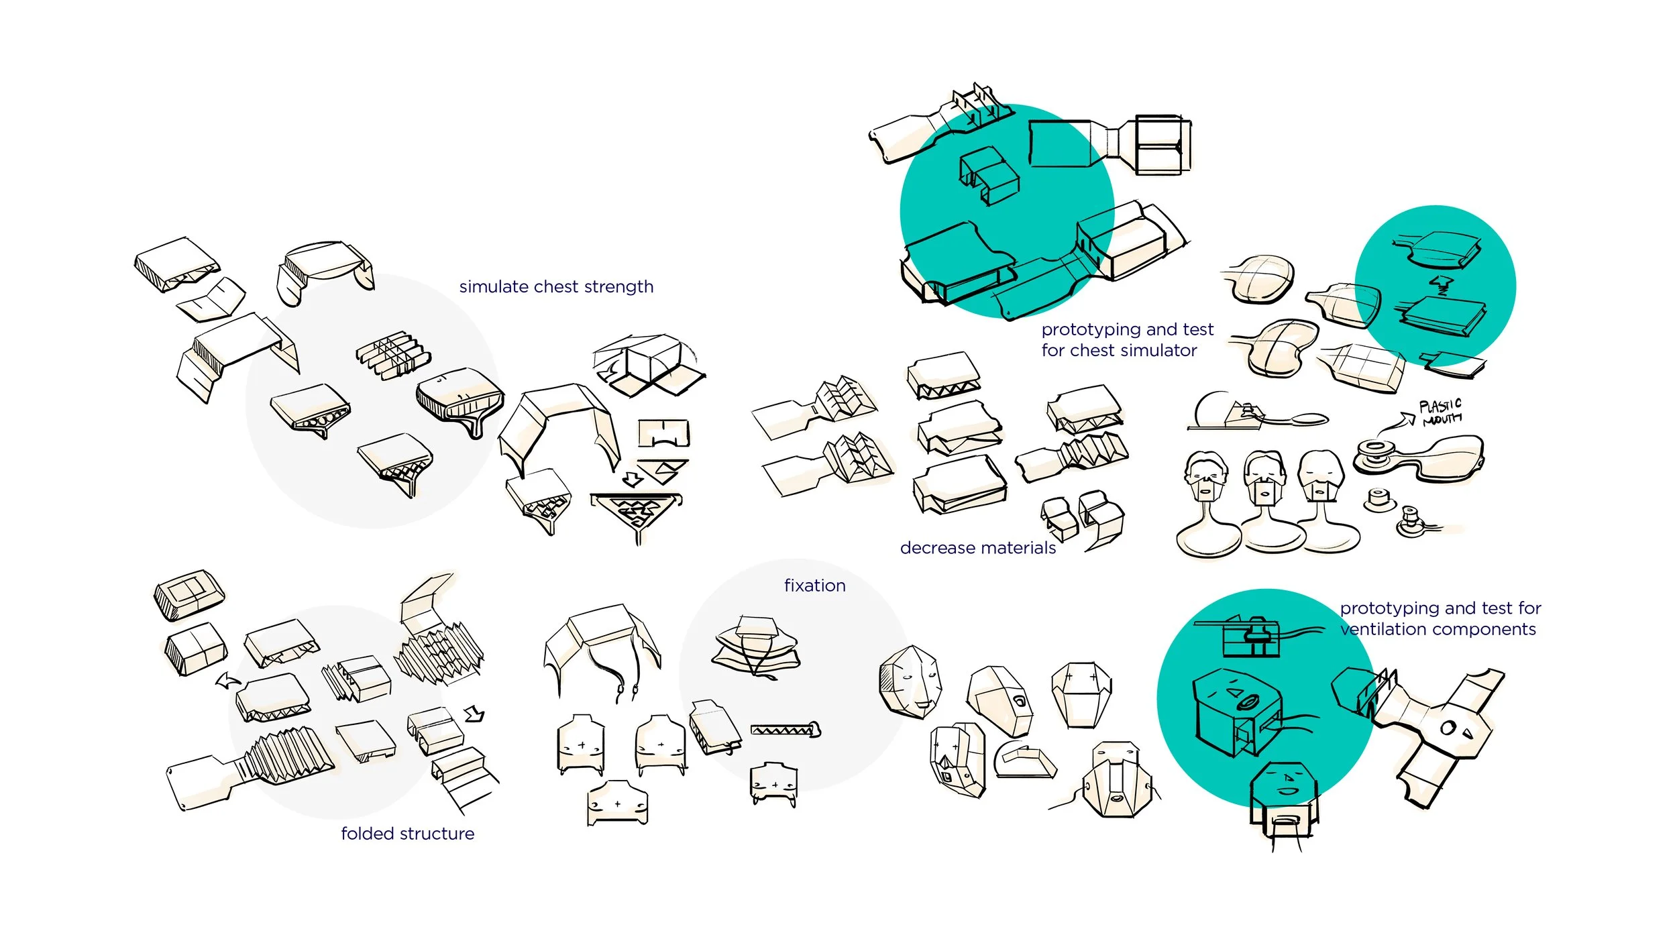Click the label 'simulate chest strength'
[x=556, y=287]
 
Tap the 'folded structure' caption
[x=407, y=834]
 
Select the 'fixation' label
[x=814, y=586]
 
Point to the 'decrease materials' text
[x=977, y=548]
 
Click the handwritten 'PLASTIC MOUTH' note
[x=1441, y=412]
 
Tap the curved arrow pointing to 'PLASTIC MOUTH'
[x=1397, y=424]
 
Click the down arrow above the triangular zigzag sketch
[x=633, y=479]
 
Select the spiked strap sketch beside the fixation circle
[x=786, y=729]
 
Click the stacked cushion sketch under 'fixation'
[x=756, y=647]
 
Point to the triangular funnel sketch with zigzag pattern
[x=636, y=513]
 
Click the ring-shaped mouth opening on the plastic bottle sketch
[x=1374, y=447]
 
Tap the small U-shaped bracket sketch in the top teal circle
[x=989, y=176]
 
